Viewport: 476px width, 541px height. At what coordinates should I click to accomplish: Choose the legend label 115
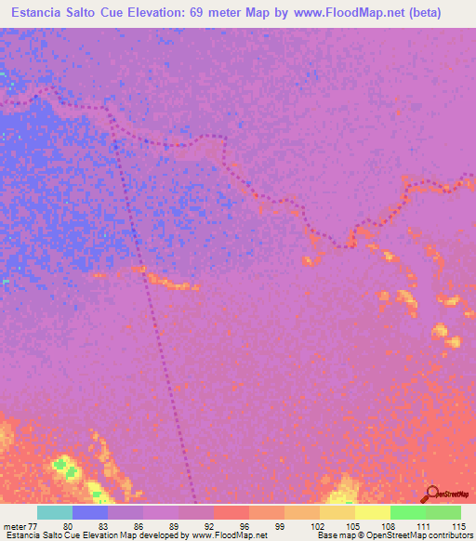(456, 526)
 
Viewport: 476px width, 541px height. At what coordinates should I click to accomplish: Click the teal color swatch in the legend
(55, 512)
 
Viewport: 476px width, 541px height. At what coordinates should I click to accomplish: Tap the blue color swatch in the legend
(90, 512)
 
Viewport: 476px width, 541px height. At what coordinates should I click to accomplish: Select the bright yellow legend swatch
(373, 512)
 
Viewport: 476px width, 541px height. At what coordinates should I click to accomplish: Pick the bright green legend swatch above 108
(408, 512)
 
